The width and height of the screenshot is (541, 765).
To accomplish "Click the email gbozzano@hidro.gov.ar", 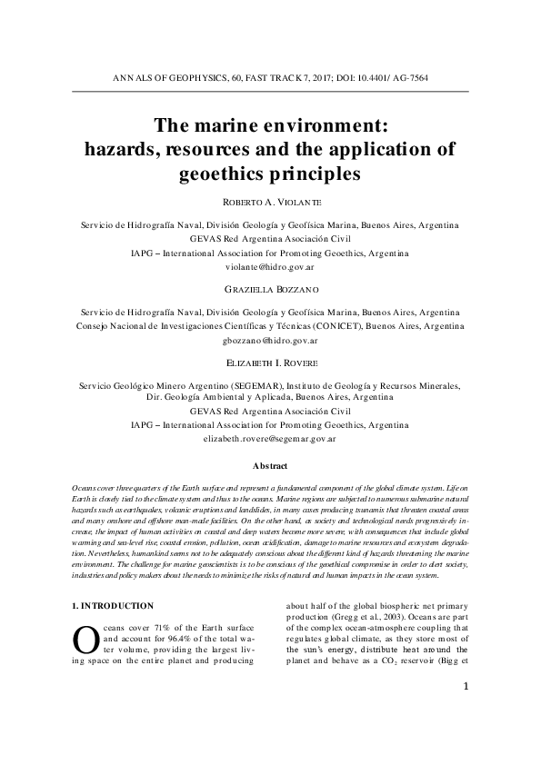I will click(x=270, y=342).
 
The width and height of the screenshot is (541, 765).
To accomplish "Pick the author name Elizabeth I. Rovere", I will click(x=270, y=363).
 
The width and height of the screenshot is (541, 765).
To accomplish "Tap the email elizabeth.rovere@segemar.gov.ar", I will click(x=270, y=438).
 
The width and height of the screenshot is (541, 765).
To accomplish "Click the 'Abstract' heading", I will click(x=270, y=466).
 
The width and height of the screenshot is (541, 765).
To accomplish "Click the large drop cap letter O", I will click(x=84, y=641).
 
